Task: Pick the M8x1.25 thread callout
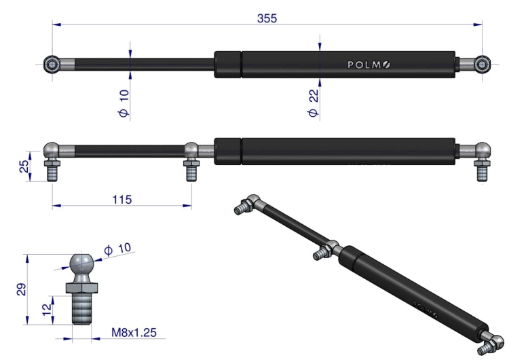pyautogui.click(x=134, y=334)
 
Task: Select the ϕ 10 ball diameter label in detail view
pyautogui.click(x=119, y=251)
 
